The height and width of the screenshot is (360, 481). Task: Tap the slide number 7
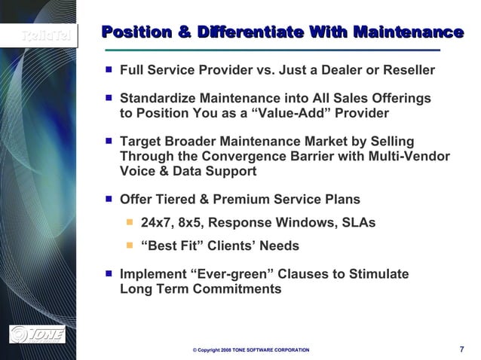tap(461, 349)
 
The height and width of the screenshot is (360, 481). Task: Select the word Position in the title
tap(133, 32)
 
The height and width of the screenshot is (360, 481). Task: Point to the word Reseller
tap(408, 70)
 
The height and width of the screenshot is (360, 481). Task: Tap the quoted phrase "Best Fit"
tap(172, 246)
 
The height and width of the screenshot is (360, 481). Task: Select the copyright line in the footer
tap(250, 351)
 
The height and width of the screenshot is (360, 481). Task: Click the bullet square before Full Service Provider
tap(109, 69)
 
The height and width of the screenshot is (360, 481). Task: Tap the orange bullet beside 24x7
tap(130, 223)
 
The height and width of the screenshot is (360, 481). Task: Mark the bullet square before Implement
tap(109, 273)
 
